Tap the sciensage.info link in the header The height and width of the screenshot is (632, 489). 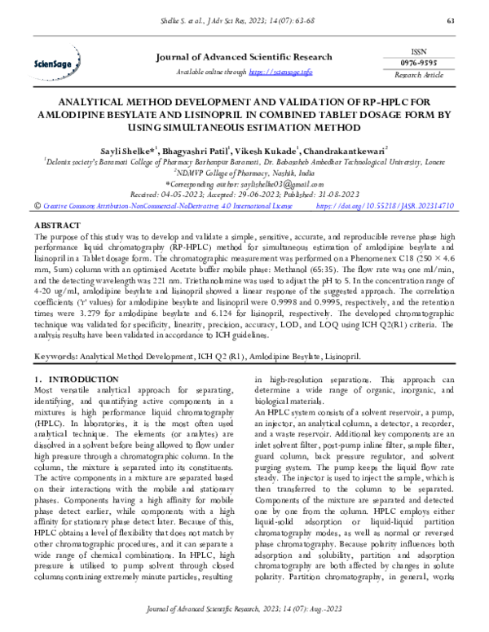pos(280,72)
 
